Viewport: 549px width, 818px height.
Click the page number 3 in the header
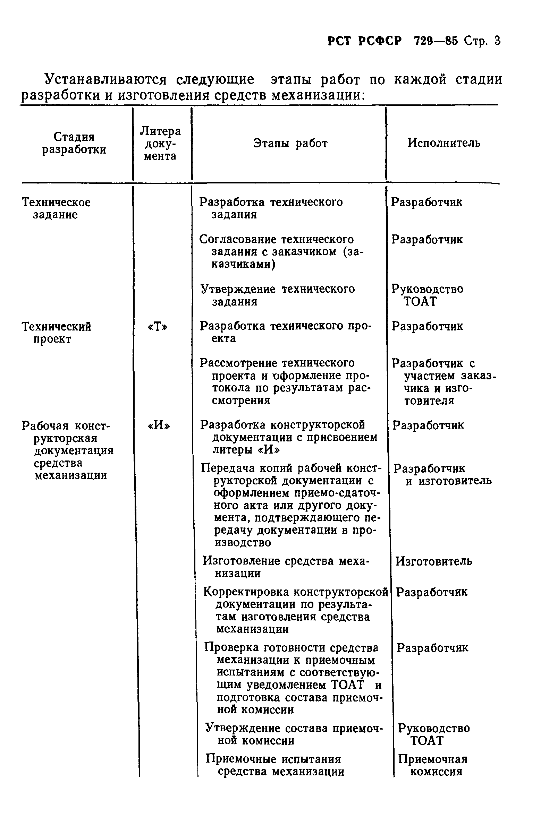coord(497,41)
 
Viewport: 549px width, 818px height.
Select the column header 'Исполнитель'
coord(444,143)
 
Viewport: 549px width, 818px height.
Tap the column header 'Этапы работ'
coord(290,143)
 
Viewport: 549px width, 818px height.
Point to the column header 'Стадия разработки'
coord(74,143)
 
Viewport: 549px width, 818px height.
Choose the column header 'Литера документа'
coord(160,144)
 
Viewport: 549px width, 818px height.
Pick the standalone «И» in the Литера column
coord(159,425)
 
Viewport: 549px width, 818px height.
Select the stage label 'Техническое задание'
coord(56,208)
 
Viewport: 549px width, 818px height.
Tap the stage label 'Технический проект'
coord(56,333)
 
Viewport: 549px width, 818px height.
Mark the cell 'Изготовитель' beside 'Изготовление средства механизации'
coord(433,561)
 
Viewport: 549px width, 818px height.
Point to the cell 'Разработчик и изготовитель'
coord(442,474)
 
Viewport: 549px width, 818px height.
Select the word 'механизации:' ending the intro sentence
coord(319,95)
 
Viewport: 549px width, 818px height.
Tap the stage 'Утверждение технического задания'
coord(277,295)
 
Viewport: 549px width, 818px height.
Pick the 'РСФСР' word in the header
coord(380,41)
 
